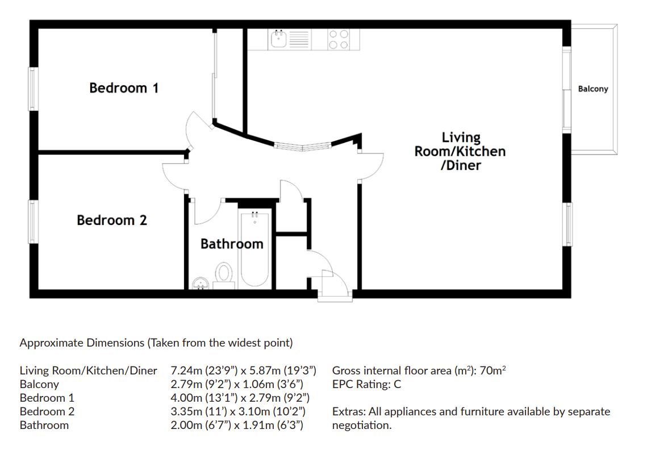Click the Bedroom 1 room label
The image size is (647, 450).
pos(124,88)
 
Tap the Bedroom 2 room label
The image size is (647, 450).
pos(112,220)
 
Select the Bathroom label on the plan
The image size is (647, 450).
pos(232,244)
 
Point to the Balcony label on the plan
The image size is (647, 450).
pos(592,89)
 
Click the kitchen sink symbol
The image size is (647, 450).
pos(278,39)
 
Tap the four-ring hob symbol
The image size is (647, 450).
pos(338,39)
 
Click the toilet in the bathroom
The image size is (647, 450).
pos(224,274)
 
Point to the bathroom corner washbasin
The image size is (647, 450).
pos(199,282)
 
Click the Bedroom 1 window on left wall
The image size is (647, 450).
pos(34,89)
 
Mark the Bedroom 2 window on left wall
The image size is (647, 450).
pos(34,222)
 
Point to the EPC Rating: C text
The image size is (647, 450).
pos(366,384)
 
